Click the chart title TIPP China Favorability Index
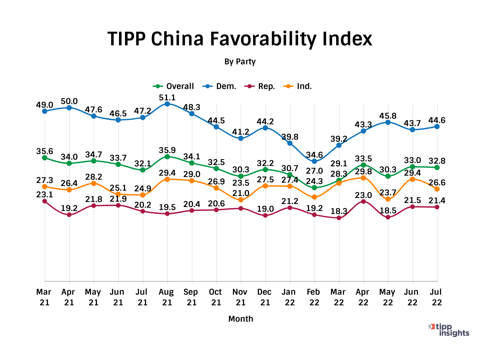coord(240,39)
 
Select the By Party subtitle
coord(240,62)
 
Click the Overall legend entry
coord(174,86)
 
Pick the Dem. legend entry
coord(220,86)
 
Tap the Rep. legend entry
coord(260,86)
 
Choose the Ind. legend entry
coord(298,86)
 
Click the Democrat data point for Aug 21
coord(167,104)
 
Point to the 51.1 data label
coord(167,97)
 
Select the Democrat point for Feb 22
coord(314,161)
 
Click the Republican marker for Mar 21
coord(45,201)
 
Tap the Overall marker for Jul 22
coord(437,167)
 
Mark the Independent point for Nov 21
coord(241,200)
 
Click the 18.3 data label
coord(339,211)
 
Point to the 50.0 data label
coord(69,101)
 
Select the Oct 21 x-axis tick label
coord(216,297)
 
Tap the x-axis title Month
coord(241,319)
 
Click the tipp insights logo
coord(449,330)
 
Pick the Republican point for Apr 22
coord(363,201)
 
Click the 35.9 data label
coord(167,150)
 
